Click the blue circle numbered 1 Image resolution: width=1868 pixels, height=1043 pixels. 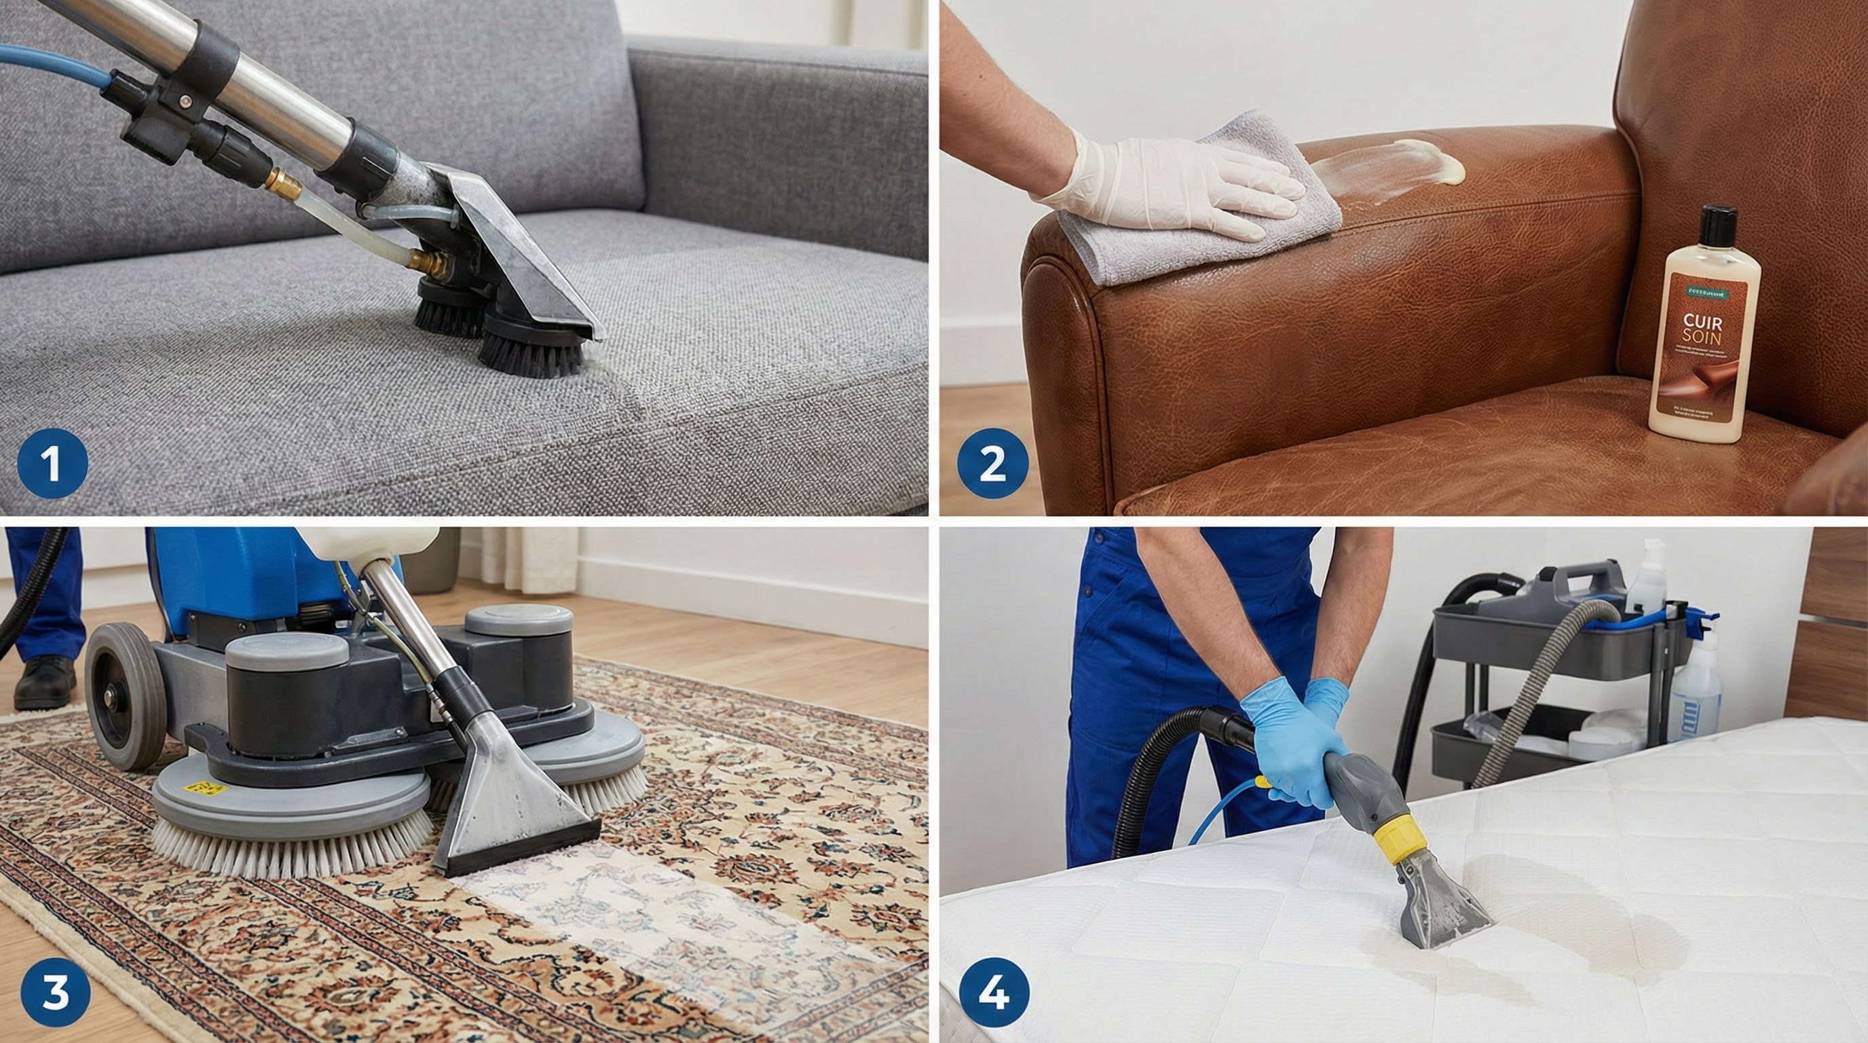(x=52, y=462)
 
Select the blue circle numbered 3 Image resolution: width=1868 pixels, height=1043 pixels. (x=55, y=991)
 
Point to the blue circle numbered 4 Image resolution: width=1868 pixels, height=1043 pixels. (x=994, y=991)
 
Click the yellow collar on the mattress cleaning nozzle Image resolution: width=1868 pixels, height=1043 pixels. (x=1398, y=841)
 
